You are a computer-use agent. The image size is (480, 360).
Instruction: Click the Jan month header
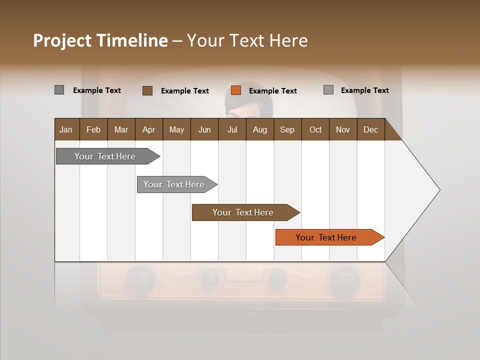click(x=66, y=129)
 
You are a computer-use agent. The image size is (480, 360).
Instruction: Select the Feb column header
click(x=93, y=129)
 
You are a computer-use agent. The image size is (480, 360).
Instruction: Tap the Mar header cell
click(x=121, y=129)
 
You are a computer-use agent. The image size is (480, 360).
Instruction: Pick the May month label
click(x=176, y=129)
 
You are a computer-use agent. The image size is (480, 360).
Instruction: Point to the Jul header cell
click(x=232, y=129)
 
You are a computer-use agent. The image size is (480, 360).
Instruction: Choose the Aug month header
click(x=259, y=129)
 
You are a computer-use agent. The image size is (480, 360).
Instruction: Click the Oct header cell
click(x=315, y=129)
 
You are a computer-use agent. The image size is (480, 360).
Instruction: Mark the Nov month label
click(x=343, y=129)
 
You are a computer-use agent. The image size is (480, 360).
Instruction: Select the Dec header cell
click(x=371, y=129)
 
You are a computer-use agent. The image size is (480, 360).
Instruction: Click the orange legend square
click(x=236, y=90)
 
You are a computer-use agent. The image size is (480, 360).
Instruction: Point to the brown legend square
click(x=147, y=90)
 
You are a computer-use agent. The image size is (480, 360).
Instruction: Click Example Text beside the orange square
click(x=273, y=91)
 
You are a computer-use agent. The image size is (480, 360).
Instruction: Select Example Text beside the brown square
click(x=185, y=91)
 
